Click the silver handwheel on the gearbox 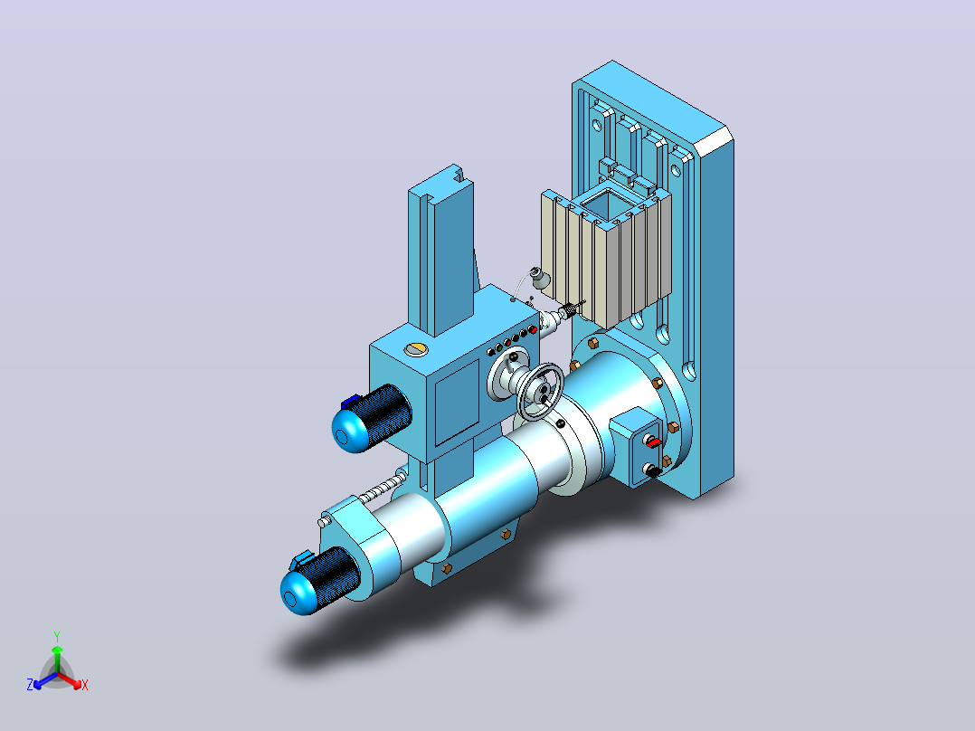[x=540, y=392]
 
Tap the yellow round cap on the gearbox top [x=415, y=349]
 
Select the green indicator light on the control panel [x=498, y=347]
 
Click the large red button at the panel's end [x=532, y=329]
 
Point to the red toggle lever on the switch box [x=653, y=442]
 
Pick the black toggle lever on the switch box [x=653, y=471]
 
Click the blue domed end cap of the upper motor [x=344, y=430]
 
